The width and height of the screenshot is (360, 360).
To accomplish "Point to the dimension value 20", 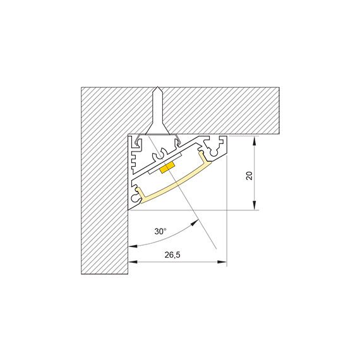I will tap(250, 175).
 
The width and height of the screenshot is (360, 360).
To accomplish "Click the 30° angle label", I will tap(160, 231).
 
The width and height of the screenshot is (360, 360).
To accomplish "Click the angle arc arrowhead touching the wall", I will tap(132, 246).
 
